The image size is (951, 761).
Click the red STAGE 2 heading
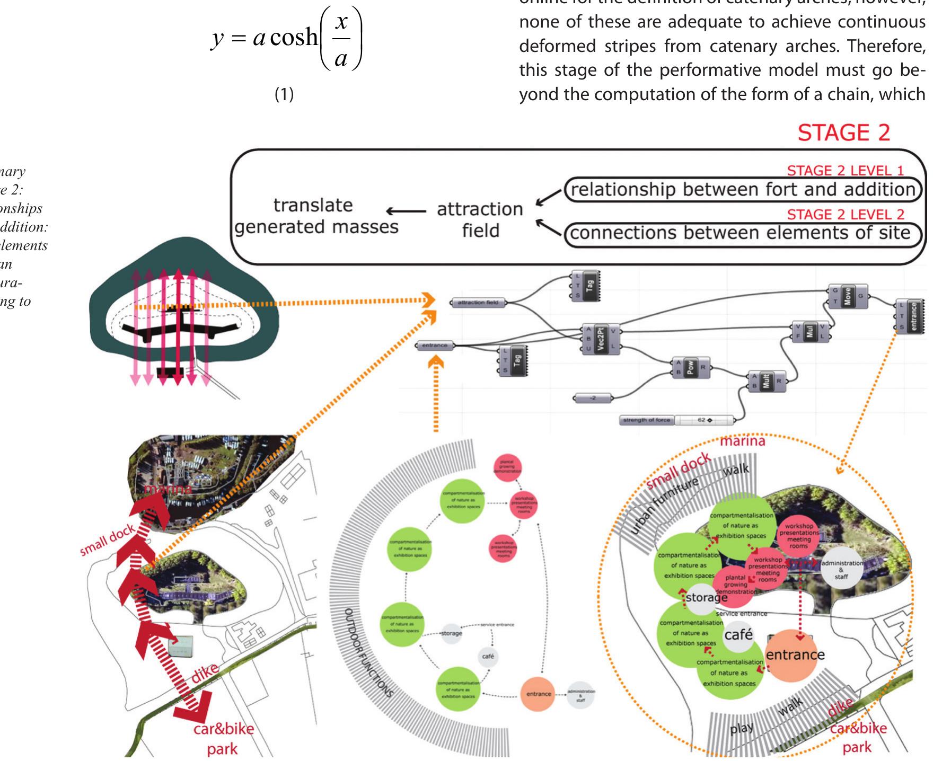click(843, 132)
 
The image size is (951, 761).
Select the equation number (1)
click(284, 94)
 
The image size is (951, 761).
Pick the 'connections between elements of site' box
click(742, 233)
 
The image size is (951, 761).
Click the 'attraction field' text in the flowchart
click(480, 220)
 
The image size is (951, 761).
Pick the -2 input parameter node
click(593, 397)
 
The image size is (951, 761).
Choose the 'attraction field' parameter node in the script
click(478, 303)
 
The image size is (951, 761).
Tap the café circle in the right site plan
click(738, 634)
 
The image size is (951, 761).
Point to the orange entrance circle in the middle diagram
click(538, 694)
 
